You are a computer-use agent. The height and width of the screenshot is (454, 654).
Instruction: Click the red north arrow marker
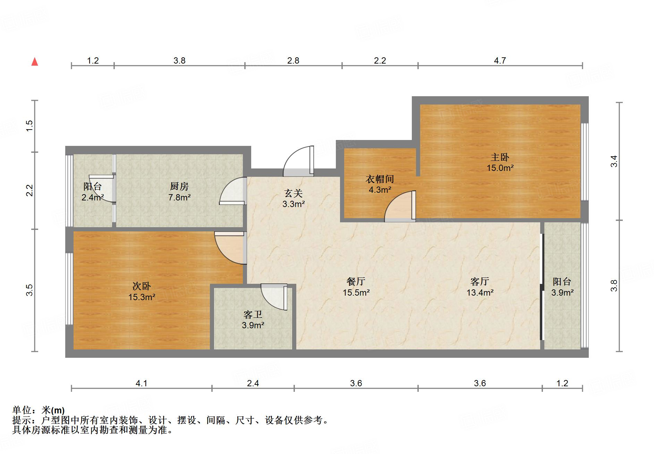coord(35,62)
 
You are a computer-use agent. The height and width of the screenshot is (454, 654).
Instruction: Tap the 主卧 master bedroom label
coord(500,157)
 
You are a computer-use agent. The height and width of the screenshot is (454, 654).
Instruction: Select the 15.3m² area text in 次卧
coord(142,297)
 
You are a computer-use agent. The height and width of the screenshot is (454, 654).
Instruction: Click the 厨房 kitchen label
coord(179,187)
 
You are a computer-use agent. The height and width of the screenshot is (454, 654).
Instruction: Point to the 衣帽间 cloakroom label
coord(380,179)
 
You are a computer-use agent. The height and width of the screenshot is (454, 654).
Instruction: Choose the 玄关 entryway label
coord(294,193)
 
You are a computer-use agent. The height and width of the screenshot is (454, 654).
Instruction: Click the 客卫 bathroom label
coord(253,315)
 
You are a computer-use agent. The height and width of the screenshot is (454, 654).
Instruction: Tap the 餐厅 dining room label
coord(356,281)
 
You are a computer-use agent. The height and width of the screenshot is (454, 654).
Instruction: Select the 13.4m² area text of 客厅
coord(480,293)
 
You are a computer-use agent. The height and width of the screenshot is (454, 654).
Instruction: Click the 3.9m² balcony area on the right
coord(562,293)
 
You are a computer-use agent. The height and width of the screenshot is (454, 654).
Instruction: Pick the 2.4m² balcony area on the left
coord(93,198)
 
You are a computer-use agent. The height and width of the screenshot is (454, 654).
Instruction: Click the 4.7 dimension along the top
coord(500,61)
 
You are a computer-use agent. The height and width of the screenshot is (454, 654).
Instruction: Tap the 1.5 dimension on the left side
coord(30,125)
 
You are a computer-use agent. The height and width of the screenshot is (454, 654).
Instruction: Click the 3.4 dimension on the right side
coord(614,161)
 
